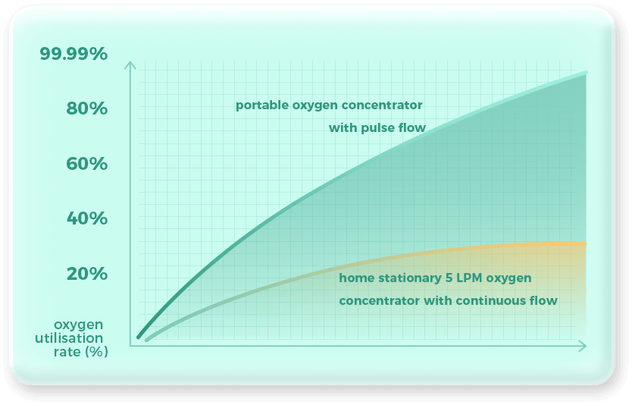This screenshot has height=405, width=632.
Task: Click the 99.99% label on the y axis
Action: [x=74, y=55]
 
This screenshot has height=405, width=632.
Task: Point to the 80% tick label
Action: [x=86, y=109]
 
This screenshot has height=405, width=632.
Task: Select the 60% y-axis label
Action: [x=86, y=164]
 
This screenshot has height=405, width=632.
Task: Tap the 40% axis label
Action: [x=86, y=218]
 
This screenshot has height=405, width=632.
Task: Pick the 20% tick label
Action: [x=86, y=273]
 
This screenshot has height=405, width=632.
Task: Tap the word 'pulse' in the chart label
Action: [x=386, y=128]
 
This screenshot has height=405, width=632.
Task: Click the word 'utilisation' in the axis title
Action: [x=70, y=338]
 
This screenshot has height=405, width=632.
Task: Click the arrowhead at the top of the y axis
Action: [x=130, y=64]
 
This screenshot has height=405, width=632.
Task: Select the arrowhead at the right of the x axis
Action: [x=583, y=346]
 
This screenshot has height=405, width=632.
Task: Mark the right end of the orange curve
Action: [x=585, y=243]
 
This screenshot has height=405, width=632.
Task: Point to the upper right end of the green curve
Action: [x=585, y=74]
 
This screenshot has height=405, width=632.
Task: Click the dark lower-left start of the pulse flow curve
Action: [x=140, y=335]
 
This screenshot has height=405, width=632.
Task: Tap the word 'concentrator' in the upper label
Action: [x=383, y=105]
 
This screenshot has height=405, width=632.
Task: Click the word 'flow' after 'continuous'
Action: [x=545, y=301]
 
